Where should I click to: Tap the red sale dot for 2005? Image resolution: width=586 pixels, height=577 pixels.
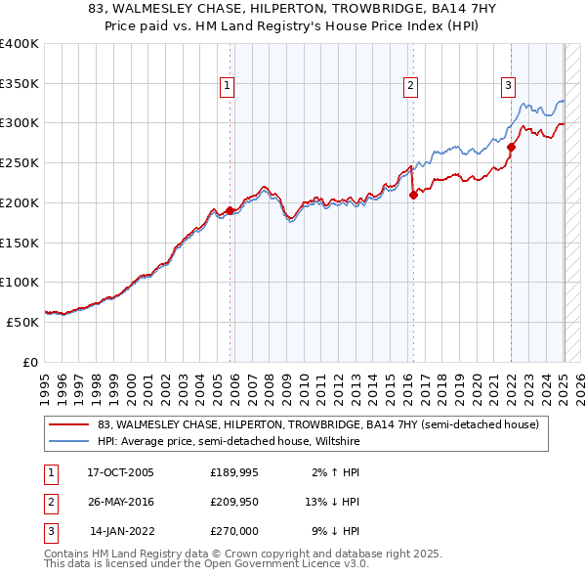click(230, 210)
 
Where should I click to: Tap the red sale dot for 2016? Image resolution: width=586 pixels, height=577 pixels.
click(413, 195)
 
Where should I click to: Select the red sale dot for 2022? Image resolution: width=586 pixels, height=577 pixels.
click(511, 147)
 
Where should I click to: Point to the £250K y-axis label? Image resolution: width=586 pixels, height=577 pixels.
click(20, 163)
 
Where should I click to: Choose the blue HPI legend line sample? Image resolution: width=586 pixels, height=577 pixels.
click(68, 442)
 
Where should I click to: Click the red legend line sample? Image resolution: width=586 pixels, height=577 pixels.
click(68, 424)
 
